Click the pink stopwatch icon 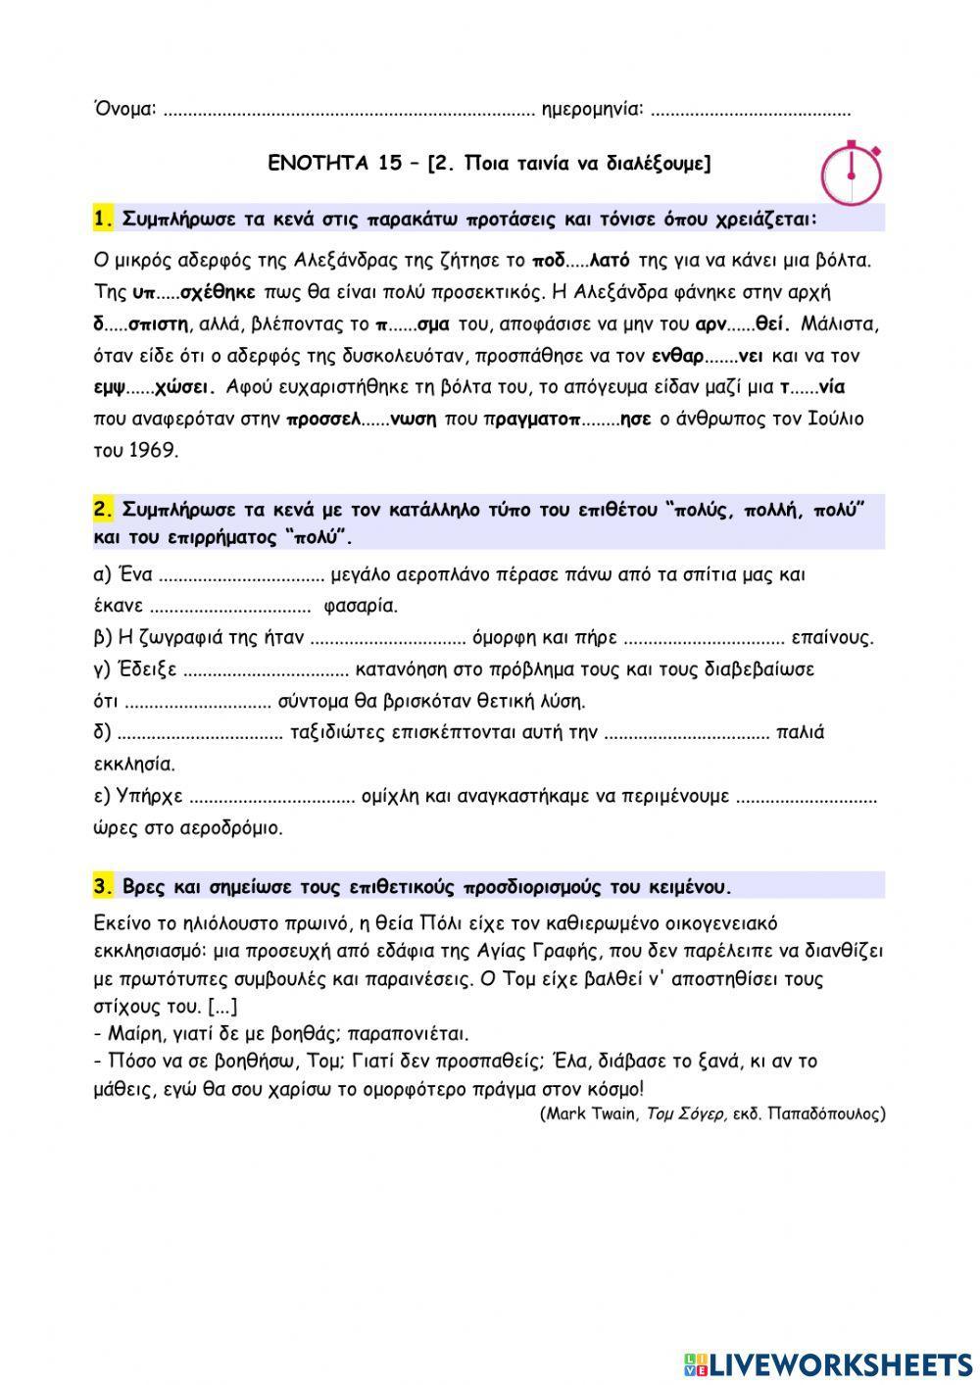[x=851, y=173]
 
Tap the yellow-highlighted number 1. [x=104, y=219]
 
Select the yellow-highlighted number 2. [x=104, y=510]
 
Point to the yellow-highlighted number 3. [x=104, y=887]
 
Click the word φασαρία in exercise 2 [x=360, y=606]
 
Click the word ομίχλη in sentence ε [x=392, y=797]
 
